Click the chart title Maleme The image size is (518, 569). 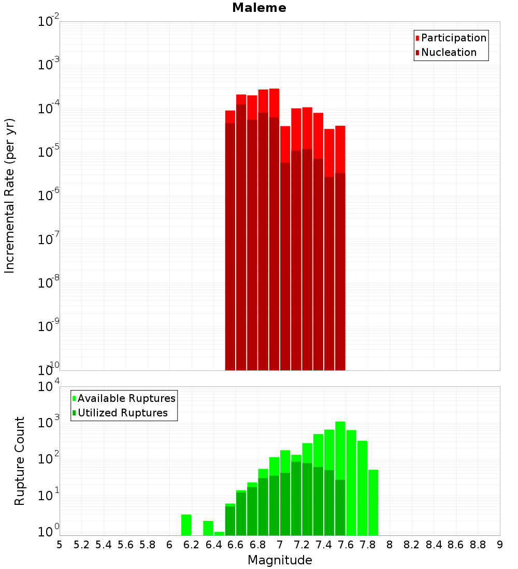(259, 8)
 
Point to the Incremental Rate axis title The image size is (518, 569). (9, 196)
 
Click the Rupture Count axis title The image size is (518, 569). (20, 460)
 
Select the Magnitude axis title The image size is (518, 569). (280, 560)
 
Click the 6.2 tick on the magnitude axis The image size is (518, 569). (192, 545)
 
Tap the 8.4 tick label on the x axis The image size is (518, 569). (434, 545)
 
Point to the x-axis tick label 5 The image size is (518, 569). (60, 545)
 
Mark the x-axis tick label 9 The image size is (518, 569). (500, 545)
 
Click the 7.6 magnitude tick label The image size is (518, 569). (346, 545)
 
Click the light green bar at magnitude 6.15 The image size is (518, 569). (186, 525)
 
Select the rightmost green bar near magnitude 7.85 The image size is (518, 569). (373, 502)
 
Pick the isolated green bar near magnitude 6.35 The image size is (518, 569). (208, 528)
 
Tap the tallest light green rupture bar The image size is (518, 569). (340, 450)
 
